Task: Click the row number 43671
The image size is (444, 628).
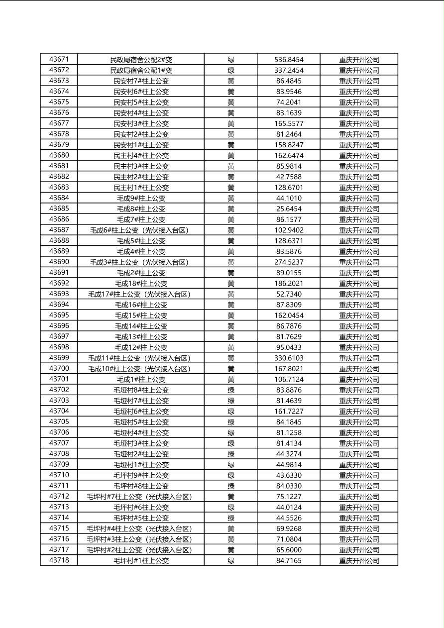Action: point(59,59)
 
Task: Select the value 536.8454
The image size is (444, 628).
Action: point(289,60)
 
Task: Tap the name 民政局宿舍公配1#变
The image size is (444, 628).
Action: point(141,70)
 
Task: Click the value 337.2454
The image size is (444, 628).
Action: point(289,70)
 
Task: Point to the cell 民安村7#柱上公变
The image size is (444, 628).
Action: point(141,81)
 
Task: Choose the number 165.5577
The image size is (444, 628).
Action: point(289,123)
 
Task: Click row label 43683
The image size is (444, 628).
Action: point(59,187)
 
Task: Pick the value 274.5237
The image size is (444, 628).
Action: point(289,262)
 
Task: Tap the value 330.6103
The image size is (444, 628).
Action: point(289,358)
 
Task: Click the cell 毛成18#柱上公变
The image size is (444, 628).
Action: point(141,284)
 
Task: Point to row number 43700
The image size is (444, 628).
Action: point(59,368)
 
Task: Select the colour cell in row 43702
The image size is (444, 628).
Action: point(231,390)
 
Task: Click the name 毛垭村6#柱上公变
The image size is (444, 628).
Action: point(141,412)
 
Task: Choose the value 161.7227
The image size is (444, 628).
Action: point(289,412)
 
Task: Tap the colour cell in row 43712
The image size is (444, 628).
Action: point(231,497)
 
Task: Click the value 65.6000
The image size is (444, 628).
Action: point(289,550)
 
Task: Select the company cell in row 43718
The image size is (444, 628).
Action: point(359,561)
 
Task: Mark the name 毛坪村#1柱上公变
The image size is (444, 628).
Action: point(141,561)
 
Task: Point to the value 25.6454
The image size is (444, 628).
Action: point(289,209)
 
